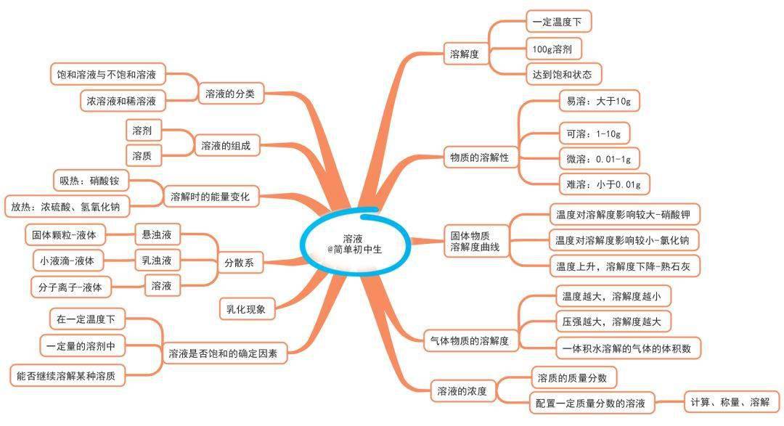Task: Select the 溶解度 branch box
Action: (x=465, y=54)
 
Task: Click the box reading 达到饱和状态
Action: (x=563, y=75)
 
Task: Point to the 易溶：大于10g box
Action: (x=599, y=101)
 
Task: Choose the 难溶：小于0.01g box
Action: (x=604, y=184)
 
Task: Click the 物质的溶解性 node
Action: (x=480, y=157)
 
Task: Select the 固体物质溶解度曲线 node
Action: (x=476, y=241)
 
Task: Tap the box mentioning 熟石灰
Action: (x=624, y=266)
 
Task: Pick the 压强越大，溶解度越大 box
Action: (x=612, y=321)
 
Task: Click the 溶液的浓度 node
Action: (x=462, y=391)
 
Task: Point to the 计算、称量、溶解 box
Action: (x=731, y=402)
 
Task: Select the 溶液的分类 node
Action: (x=231, y=94)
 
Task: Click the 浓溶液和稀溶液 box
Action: (x=122, y=100)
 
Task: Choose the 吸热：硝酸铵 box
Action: (x=91, y=181)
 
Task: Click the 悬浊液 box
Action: (x=158, y=234)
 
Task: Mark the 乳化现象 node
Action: (x=247, y=309)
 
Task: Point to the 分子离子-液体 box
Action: (x=70, y=287)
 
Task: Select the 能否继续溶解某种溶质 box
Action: (x=67, y=375)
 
